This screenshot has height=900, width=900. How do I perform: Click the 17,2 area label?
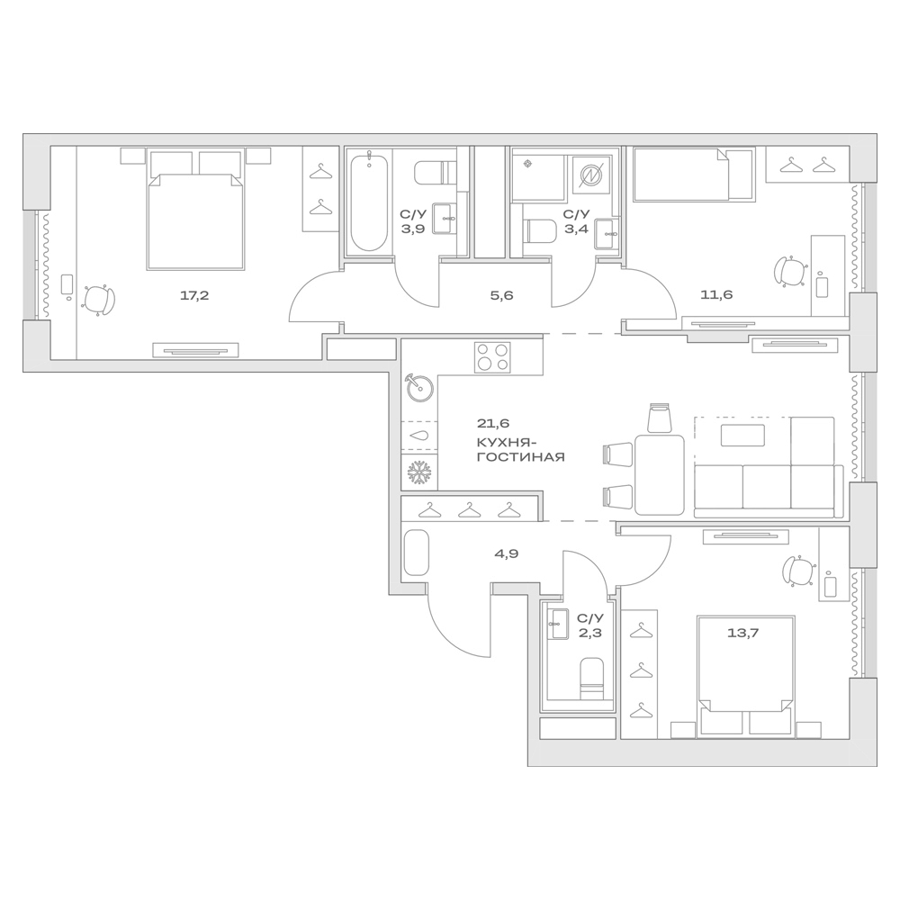pos(194,295)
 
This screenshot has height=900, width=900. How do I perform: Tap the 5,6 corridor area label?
pos(501,295)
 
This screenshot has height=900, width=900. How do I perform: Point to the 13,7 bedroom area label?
pos(742,633)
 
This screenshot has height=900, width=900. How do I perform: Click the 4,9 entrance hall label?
pos(506,553)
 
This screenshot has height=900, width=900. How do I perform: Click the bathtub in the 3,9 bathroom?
pos(368,202)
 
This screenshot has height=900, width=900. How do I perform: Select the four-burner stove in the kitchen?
pos(491,357)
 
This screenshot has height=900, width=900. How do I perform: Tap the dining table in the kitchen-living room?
pos(659,473)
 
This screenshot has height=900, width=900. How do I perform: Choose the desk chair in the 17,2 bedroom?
pos(99,300)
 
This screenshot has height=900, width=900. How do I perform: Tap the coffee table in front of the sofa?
pos(742,436)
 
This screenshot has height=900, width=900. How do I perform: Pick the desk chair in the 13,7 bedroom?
pos(796,570)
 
